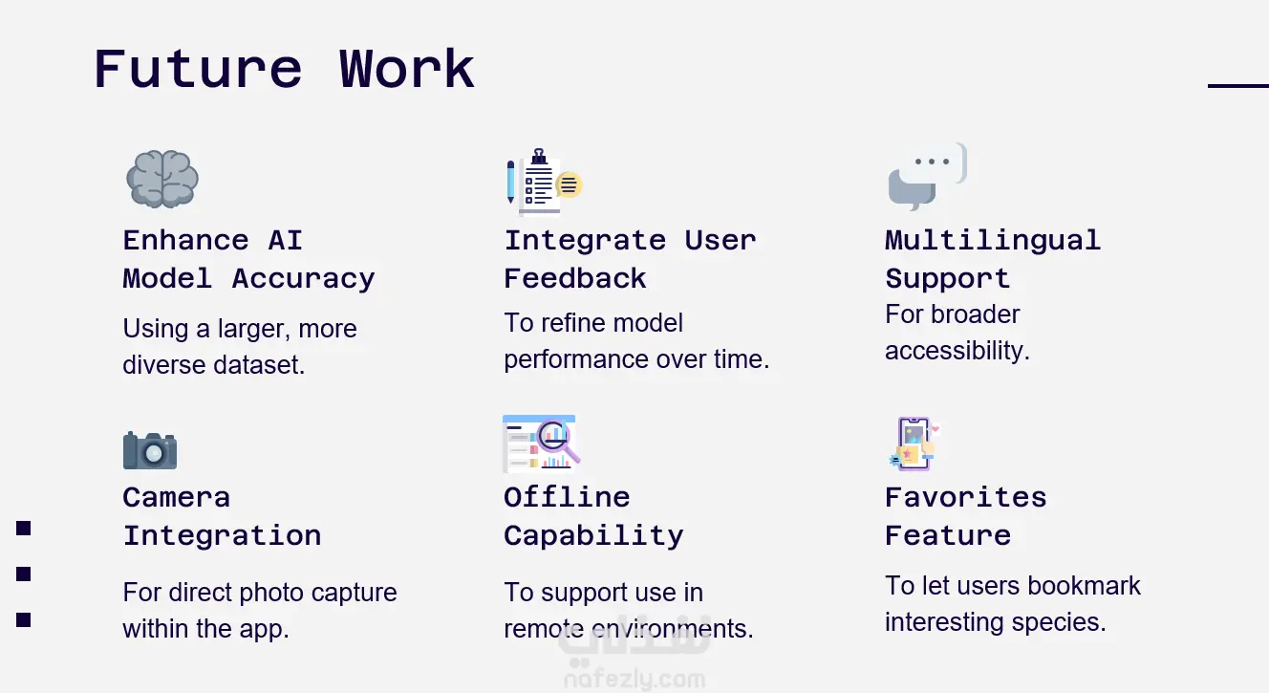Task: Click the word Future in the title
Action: point(198,69)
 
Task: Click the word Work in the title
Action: point(407,69)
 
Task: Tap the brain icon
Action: point(162,179)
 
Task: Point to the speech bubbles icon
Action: point(928,177)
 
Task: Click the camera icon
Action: point(150,450)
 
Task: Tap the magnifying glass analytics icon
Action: point(542,444)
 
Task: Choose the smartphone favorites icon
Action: point(914,444)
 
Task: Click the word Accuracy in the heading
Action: point(303,279)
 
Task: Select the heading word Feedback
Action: point(575,279)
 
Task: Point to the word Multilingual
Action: point(993,241)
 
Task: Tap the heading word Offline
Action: point(567,497)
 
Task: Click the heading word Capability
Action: point(593,536)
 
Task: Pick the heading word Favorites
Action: point(966,497)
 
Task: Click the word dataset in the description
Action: point(259,364)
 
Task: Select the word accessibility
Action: point(957,350)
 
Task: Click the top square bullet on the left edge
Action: point(23,528)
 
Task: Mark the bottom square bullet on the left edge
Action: point(23,620)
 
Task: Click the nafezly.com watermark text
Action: point(634,679)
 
